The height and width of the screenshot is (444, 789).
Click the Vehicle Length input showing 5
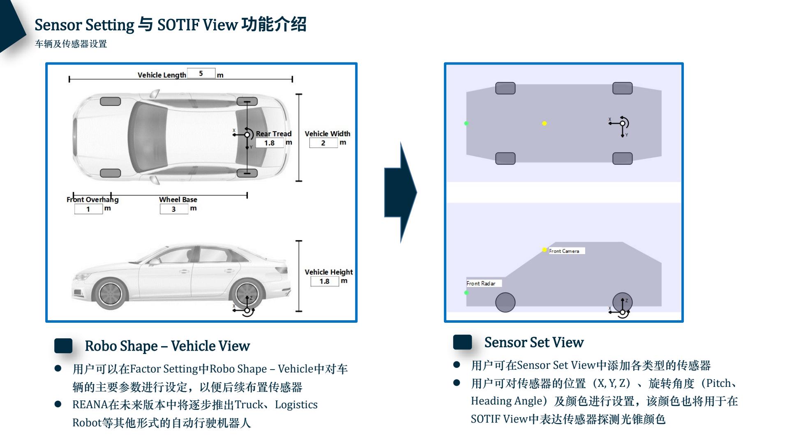[201, 74]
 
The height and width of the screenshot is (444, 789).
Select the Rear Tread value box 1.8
[270, 143]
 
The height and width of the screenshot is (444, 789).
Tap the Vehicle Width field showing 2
[323, 143]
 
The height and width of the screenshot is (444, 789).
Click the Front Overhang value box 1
[88, 209]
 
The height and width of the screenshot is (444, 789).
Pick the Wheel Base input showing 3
[174, 209]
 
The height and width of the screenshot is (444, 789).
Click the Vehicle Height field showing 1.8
[325, 282]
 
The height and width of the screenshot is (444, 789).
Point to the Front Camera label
[564, 251]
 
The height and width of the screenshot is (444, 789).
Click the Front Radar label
[481, 283]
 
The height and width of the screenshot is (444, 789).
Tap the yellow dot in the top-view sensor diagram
[544, 123]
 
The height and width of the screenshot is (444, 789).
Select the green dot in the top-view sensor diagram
[466, 123]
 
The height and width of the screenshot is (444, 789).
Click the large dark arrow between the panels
[401, 192]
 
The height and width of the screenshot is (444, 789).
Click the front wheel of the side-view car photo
[110, 294]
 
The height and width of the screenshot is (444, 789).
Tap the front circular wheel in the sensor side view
[505, 303]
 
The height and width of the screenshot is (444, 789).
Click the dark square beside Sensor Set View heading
[462, 342]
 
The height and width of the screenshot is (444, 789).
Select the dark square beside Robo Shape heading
[63, 346]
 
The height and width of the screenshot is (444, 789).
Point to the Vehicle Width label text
[327, 134]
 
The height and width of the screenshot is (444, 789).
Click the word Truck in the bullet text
[249, 405]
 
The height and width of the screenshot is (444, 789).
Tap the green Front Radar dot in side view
[466, 293]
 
